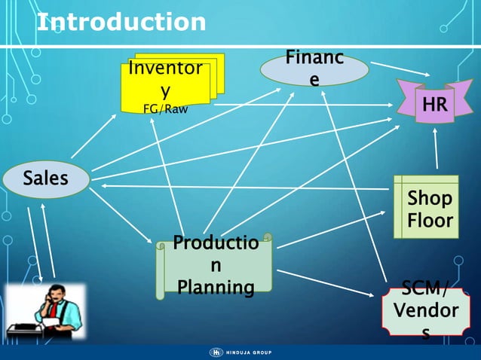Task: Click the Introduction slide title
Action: click(x=121, y=22)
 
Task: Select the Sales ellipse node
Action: click(x=45, y=179)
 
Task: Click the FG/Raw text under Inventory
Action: click(x=165, y=108)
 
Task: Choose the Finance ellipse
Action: click(x=314, y=69)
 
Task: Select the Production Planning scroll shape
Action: click(x=215, y=266)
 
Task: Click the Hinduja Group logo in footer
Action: click(x=240, y=352)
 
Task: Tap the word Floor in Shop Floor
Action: click(x=430, y=221)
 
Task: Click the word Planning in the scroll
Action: click(x=216, y=287)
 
